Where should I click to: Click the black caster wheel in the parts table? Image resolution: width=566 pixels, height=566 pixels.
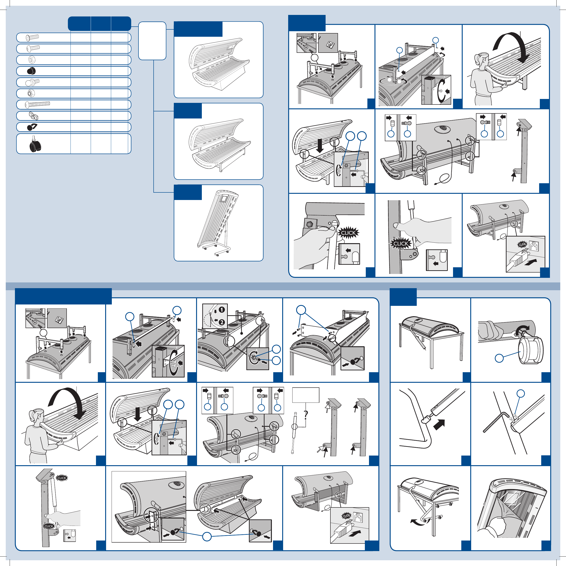(35, 144)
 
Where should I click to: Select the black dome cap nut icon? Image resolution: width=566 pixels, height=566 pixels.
(31, 71)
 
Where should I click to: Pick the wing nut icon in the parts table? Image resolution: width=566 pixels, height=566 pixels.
(33, 116)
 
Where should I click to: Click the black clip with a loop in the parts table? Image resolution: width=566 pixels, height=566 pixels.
(32, 127)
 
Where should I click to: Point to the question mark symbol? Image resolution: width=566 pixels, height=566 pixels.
(306, 414)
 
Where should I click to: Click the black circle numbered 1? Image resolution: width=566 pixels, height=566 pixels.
(222, 309)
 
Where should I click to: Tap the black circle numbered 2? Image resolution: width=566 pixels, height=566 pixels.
(222, 322)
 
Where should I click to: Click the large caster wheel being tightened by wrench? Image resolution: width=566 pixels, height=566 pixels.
(531, 350)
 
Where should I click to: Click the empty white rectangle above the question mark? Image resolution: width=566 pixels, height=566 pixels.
(306, 395)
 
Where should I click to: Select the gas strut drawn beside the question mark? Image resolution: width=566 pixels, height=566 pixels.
(294, 433)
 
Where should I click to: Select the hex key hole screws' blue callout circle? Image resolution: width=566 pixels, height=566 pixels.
(520, 394)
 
